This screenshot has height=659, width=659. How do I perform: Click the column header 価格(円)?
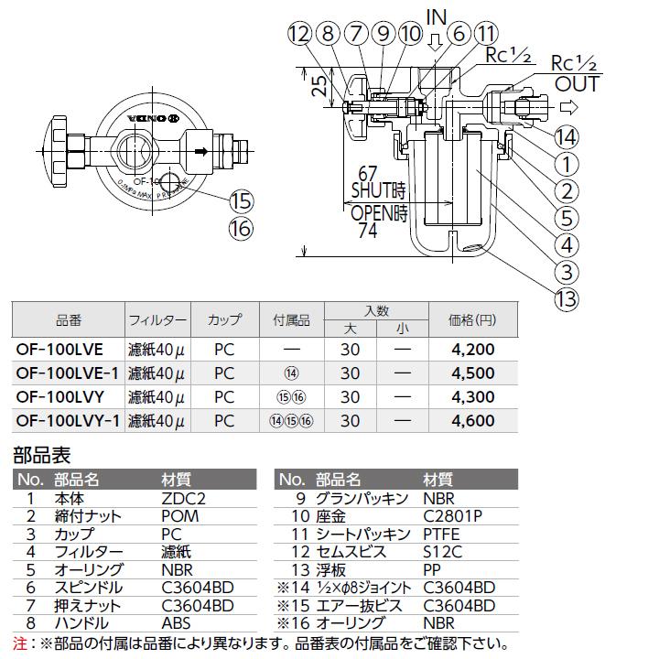(x=472, y=320)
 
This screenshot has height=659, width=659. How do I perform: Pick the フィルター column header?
(x=157, y=320)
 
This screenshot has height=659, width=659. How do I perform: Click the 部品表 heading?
(x=41, y=454)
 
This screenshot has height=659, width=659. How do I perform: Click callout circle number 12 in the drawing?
(x=299, y=34)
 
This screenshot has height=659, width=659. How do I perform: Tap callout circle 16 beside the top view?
(x=242, y=229)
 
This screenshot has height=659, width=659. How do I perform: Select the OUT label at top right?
(x=577, y=85)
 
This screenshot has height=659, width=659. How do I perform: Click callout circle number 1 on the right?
(x=567, y=165)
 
